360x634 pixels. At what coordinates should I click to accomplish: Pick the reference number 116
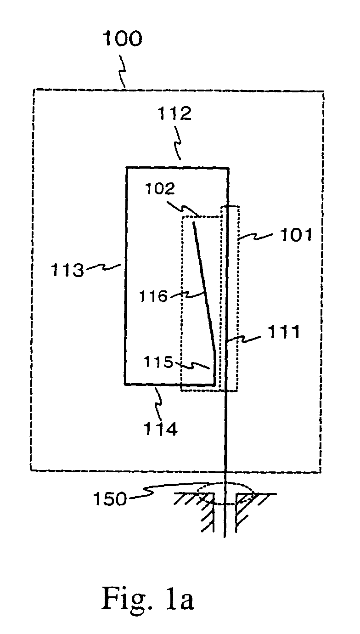tap(155, 296)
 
